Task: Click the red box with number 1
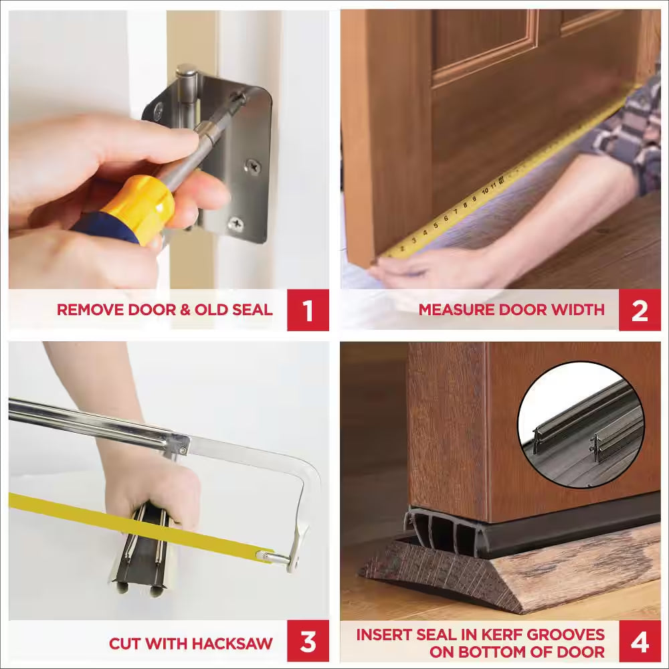pyautogui.click(x=308, y=310)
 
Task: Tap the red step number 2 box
pyautogui.click(x=640, y=310)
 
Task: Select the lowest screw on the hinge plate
pyautogui.click(x=235, y=224)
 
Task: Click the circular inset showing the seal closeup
pyautogui.click(x=580, y=424)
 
